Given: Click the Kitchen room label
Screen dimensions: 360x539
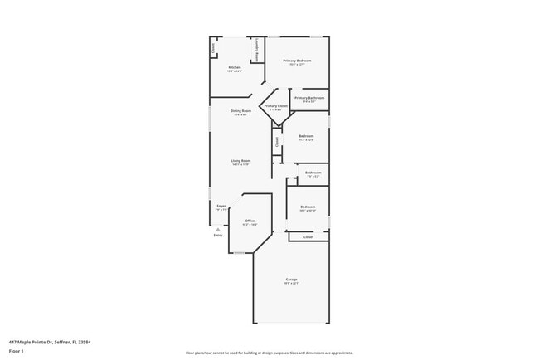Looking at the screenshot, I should [x=235, y=67].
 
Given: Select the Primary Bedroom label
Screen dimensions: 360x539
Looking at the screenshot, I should [x=297, y=61].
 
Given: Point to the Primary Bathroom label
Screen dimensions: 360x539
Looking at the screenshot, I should [x=309, y=98].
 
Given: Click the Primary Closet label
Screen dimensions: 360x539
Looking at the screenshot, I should [x=276, y=106].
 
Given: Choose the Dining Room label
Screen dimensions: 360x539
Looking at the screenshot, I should [x=240, y=110].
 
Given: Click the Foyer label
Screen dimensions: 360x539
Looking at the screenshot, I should [x=221, y=206].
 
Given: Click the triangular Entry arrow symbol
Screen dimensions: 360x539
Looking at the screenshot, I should [x=217, y=229].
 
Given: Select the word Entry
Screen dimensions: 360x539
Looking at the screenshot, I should [x=217, y=236].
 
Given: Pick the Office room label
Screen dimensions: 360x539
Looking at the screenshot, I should [x=250, y=221].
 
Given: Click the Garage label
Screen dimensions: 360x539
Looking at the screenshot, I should [x=291, y=280].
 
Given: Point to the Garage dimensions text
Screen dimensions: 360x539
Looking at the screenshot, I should [x=291, y=284].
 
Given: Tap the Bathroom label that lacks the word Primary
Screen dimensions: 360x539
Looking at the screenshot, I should [x=313, y=173].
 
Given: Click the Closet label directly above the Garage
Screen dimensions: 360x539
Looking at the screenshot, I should [x=308, y=237].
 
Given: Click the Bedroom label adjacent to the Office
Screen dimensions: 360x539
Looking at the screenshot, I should [x=308, y=207].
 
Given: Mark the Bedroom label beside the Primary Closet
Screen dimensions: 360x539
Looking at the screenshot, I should [x=306, y=136].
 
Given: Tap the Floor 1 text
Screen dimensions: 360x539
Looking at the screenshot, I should [x=17, y=352].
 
